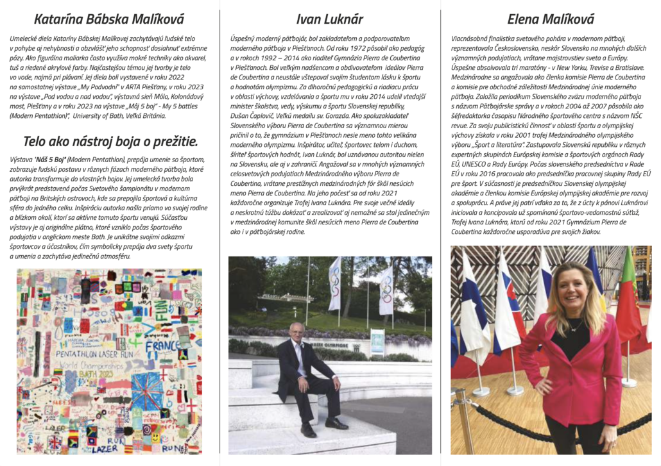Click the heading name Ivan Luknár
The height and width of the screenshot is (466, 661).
[x=330, y=19]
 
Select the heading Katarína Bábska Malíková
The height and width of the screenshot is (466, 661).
[x=110, y=19]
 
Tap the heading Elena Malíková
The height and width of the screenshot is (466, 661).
[x=550, y=19]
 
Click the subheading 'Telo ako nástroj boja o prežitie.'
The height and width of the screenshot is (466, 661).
[x=110, y=142]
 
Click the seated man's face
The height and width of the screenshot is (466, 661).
[x=297, y=332]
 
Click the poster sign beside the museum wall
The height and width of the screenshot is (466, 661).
[x=377, y=341]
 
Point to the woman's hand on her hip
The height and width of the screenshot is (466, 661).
[x=541, y=385]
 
